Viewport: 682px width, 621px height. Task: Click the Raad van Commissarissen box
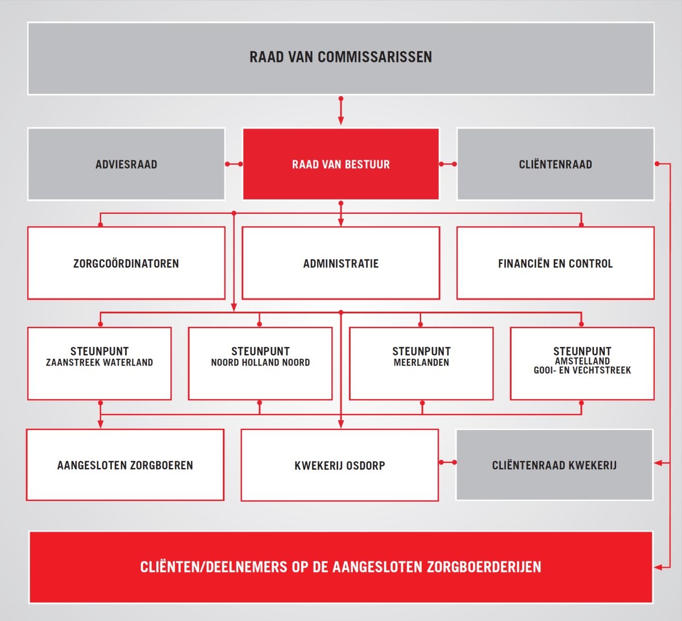[340, 58]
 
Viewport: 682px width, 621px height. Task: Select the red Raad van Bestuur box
[340, 164]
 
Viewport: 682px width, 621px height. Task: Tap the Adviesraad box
[126, 164]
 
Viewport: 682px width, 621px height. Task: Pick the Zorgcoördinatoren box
[126, 263]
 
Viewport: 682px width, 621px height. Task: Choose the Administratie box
[340, 263]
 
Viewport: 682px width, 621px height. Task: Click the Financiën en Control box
[555, 263]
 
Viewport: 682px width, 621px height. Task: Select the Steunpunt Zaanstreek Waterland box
[99, 363]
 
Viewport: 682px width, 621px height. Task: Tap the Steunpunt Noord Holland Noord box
[260, 363]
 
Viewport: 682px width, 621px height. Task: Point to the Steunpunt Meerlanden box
[421, 363]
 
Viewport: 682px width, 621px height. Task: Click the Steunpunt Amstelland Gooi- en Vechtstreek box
[582, 363]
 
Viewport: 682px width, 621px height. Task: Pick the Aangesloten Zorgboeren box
[125, 465]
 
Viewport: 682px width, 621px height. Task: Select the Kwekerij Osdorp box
[340, 465]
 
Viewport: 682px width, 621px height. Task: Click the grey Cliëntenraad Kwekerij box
[554, 465]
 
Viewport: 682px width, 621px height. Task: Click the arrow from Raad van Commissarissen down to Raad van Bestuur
[340, 111]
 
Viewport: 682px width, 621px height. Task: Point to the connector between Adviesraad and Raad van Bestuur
[234, 164]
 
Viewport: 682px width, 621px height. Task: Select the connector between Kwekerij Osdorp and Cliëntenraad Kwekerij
[447, 462]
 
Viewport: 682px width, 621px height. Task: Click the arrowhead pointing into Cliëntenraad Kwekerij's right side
[658, 463]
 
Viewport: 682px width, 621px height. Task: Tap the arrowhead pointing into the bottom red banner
[658, 567]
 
